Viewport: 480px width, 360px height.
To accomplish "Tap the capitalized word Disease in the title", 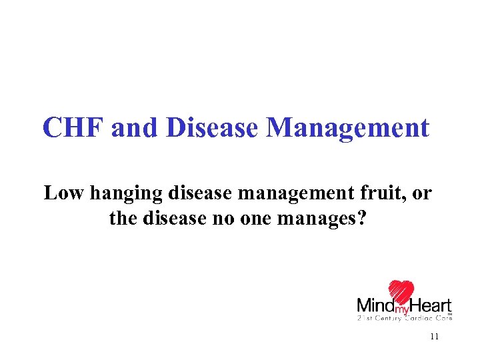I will click(211, 127).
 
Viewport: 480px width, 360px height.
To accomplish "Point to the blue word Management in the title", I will click(347, 127).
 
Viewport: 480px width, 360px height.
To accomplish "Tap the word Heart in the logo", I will click(431, 306).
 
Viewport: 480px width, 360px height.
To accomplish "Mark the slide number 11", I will click(434, 337).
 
